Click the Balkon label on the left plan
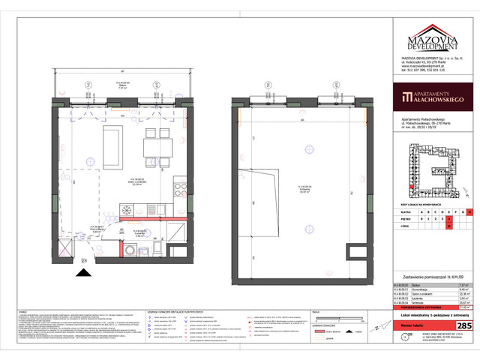click(x=118, y=85)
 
